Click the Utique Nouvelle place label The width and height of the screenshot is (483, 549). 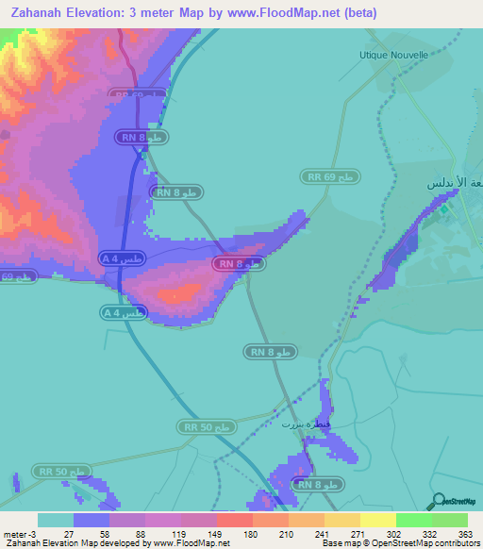(x=393, y=55)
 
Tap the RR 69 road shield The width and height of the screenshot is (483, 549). (x=330, y=176)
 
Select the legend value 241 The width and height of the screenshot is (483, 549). (x=324, y=533)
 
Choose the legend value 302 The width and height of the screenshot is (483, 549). (x=395, y=533)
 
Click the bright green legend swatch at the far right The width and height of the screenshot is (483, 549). (x=449, y=520)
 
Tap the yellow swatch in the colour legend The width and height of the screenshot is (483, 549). (x=377, y=520)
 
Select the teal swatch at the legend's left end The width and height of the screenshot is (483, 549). (x=55, y=520)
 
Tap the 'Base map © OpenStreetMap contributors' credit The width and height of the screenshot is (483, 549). (x=398, y=543)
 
